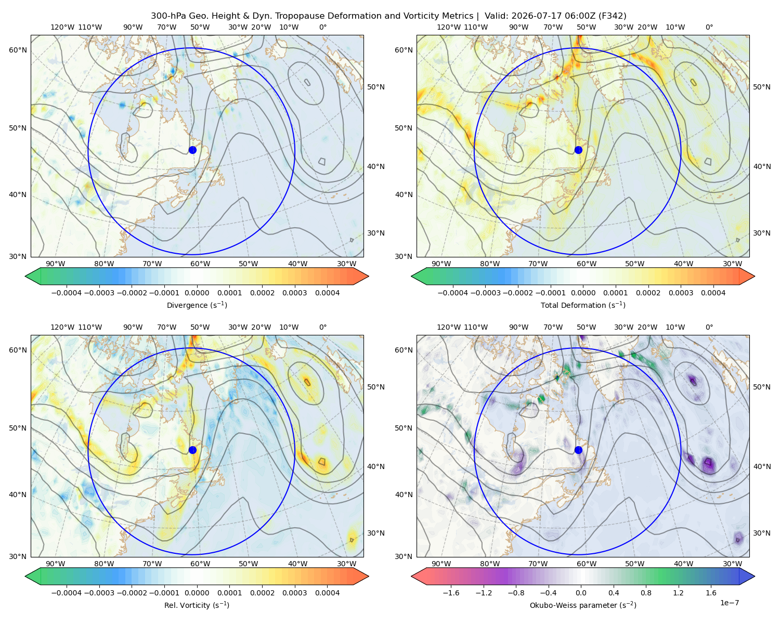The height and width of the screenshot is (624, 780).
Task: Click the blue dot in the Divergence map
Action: [192, 150]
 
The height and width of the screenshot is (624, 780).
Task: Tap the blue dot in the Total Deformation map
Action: [578, 150]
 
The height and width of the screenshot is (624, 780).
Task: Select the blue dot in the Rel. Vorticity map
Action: [192, 450]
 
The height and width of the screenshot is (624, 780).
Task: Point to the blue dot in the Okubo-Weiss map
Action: [578, 450]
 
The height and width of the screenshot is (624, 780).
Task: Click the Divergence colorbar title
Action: [197, 305]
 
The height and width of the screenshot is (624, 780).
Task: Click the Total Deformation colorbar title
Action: [583, 305]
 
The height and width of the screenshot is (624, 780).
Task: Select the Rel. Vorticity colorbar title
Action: [197, 605]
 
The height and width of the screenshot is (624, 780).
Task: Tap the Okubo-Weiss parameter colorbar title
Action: [583, 605]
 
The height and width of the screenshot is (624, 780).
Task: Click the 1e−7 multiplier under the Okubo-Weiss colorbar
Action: [729, 603]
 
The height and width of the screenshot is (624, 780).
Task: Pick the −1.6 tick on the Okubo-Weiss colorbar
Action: [451, 592]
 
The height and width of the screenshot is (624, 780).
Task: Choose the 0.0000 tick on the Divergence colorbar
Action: [197, 293]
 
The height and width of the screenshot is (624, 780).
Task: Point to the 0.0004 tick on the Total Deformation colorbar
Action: [713, 293]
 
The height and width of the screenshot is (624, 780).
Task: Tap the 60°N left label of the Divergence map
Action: [18, 50]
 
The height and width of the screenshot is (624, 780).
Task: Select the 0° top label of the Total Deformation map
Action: [709, 27]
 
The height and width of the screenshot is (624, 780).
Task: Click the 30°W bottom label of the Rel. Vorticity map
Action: [346, 564]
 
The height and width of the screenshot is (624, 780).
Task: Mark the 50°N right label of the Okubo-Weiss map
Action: [762, 387]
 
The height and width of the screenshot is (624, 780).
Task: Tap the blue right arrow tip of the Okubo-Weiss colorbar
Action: [755, 576]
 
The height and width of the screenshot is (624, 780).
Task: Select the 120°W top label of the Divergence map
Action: [62, 27]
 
